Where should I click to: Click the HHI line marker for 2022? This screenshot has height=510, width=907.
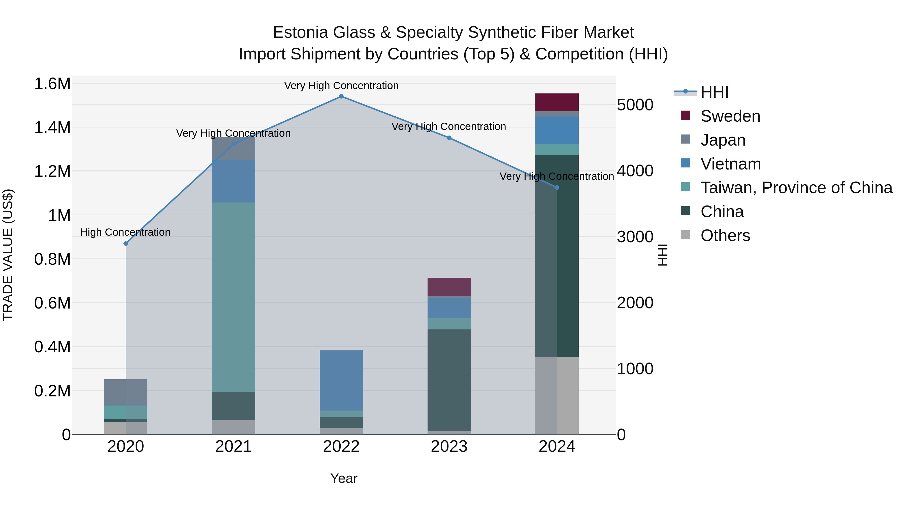(x=341, y=96)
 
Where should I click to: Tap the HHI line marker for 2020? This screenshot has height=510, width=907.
(x=126, y=244)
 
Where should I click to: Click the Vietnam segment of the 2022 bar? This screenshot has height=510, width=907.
(x=341, y=380)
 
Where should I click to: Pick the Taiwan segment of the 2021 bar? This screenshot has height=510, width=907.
(x=234, y=297)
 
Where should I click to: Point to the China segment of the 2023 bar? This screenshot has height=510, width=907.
(x=449, y=380)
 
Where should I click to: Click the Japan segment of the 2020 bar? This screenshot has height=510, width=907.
(x=126, y=392)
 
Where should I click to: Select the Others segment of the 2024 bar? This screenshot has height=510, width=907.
(x=557, y=396)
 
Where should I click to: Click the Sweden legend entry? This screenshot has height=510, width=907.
(x=730, y=116)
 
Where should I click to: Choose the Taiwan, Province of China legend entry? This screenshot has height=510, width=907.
(x=796, y=188)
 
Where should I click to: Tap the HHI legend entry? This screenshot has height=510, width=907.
(x=714, y=92)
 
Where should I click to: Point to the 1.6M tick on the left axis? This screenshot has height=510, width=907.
(x=52, y=84)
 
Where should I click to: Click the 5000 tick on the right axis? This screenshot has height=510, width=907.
(x=635, y=105)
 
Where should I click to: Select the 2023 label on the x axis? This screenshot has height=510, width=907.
(x=449, y=447)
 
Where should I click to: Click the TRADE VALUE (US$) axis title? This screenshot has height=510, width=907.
(x=8, y=255)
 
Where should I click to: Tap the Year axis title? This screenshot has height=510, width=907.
(x=344, y=478)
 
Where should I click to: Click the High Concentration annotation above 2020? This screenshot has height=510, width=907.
(x=125, y=232)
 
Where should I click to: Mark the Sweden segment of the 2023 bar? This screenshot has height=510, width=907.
(x=449, y=287)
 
